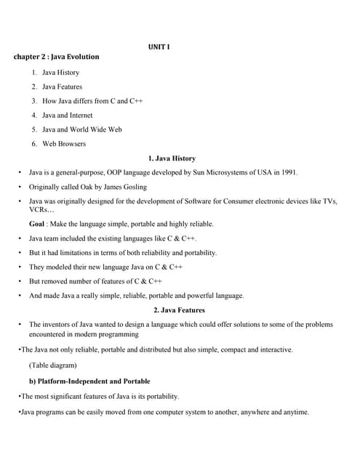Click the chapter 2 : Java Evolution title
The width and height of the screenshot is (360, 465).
click(x=56, y=57)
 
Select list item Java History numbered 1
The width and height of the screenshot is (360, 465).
click(x=60, y=73)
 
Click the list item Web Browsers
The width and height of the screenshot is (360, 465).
click(x=64, y=144)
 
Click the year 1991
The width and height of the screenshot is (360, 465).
click(x=288, y=173)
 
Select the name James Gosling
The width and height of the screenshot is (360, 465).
click(x=125, y=187)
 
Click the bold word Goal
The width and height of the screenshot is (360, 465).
click(x=37, y=224)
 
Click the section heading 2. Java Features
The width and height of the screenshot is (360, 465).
click(x=179, y=310)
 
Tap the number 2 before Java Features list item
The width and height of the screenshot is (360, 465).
click(x=34, y=87)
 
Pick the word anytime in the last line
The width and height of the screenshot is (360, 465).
click(x=295, y=412)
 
